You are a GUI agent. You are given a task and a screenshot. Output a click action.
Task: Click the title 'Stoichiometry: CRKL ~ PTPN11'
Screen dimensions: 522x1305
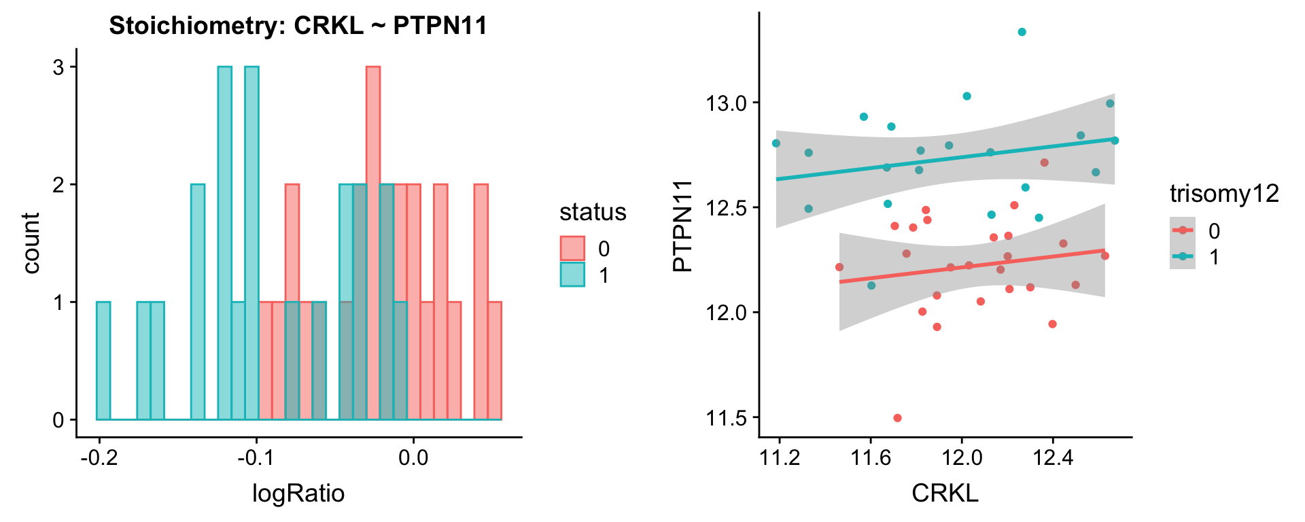point(298,26)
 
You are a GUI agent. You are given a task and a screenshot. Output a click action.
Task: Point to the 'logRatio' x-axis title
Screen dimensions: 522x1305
point(298,493)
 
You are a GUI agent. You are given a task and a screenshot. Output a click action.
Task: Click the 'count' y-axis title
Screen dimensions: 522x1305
point(31,243)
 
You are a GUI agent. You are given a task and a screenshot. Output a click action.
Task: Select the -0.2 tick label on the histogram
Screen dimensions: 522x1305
point(99,457)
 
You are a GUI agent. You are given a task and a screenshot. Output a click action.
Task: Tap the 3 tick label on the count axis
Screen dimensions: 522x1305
point(59,67)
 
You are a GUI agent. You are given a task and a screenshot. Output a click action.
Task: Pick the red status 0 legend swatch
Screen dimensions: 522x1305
point(572,248)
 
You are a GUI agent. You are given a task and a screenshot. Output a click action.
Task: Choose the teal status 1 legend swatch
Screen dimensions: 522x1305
point(572,275)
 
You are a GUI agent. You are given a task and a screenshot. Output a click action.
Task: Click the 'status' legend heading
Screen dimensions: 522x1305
point(592,212)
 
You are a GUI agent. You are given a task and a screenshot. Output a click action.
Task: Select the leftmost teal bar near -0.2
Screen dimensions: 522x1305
point(103,360)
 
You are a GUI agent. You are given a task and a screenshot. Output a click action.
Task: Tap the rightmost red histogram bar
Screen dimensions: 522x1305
point(495,360)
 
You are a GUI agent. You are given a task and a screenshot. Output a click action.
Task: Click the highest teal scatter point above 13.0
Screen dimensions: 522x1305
point(1022,32)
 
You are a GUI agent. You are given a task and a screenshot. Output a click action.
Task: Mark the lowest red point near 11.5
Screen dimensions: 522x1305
point(897,418)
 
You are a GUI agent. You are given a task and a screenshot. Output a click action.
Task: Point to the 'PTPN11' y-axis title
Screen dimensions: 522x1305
point(682,226)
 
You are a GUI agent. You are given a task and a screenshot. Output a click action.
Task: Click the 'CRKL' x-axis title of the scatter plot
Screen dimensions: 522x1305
point(945,493)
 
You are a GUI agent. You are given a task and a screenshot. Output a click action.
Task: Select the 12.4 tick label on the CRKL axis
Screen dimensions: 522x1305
point(1052,457)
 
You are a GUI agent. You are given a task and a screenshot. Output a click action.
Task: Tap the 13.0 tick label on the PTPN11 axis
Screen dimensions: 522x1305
point(726,103)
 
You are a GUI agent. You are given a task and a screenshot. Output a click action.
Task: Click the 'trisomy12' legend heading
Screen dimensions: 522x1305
point(1224,194)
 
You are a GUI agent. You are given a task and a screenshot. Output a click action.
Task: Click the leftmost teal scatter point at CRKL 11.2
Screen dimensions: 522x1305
point(776,143)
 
